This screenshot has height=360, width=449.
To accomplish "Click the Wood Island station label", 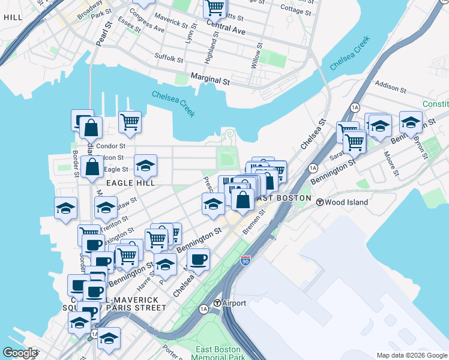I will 346,202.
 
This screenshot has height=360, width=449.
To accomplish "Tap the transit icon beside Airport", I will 217,303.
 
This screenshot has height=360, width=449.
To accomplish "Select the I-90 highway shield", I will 245,261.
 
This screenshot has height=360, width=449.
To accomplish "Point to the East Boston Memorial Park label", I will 218,353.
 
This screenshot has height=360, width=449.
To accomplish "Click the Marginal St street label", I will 210,78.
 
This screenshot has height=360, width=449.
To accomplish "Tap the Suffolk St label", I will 169,58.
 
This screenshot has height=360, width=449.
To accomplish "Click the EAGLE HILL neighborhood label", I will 131,182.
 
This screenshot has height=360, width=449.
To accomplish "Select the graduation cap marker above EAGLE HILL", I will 145,165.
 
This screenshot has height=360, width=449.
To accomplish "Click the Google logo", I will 20,353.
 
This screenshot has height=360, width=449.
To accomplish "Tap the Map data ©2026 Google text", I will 411,355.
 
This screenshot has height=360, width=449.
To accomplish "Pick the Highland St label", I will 208,49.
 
